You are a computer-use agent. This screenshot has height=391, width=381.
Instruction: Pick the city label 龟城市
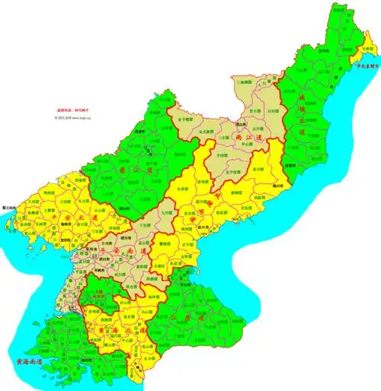click(x=65, y=215)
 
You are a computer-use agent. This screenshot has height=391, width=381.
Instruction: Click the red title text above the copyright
click(x=70, y=110)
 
